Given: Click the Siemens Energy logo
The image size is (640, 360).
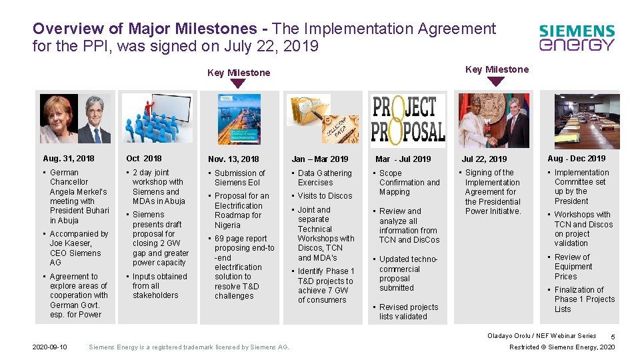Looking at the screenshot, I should tap(577, 38).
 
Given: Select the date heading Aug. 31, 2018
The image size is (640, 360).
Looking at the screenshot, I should tap(69, 159).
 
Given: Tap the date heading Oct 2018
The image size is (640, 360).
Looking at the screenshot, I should tap(144, 159).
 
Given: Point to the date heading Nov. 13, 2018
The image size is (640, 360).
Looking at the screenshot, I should tap(233, 159).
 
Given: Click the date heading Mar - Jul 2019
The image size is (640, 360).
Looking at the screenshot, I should tap(403, 159).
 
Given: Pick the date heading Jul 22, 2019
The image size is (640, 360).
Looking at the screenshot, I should tap(485, 159).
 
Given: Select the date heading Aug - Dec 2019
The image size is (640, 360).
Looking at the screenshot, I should tap(577, 159).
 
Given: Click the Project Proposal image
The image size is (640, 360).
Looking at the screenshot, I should tap(408, 118).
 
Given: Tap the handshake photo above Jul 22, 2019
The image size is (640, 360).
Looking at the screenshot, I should tap(494, 121).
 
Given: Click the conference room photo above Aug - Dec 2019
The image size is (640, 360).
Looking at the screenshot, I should tap(587, 121).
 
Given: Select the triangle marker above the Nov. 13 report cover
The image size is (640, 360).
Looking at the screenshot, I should tap(238, 84).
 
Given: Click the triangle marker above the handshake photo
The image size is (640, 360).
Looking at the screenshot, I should tap(495, 81).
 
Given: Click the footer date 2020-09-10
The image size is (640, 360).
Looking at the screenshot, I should tap(49, 347).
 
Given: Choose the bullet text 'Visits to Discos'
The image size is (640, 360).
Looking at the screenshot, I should tap(325, 196).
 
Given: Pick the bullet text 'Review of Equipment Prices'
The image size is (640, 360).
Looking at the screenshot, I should tap(573, 267).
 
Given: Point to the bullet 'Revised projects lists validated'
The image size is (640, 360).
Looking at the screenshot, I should tap(409, 312).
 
